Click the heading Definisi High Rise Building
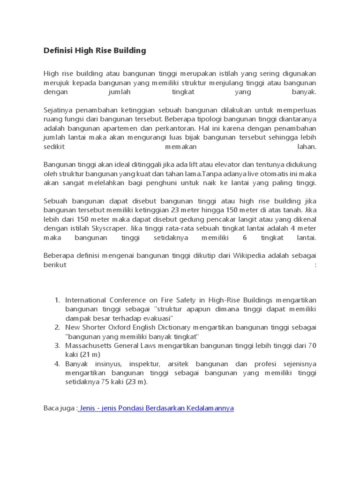pyautogui.click(x=95, y=51)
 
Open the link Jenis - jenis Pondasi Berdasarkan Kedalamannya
pyautogui.click(x=156, y=408)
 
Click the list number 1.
pyautogui.click(x=57, y=300)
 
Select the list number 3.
pyautogui.click(x=57, y=346)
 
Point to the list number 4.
pyautogui.click(x=57, y=364)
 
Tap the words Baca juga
pyautogui.click(x=59, y=408)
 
